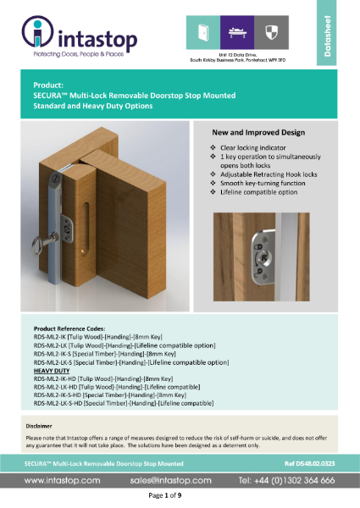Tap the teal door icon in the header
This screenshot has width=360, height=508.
pos(203,33)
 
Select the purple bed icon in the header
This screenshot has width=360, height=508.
pos(233,33)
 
